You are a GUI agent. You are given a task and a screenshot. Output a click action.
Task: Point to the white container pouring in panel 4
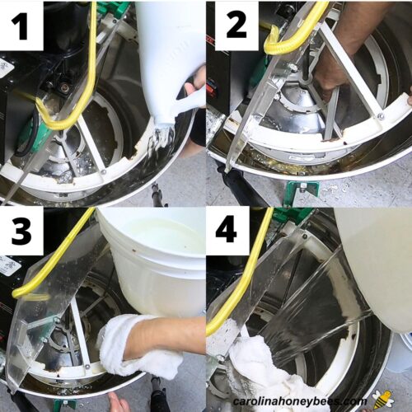375,264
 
